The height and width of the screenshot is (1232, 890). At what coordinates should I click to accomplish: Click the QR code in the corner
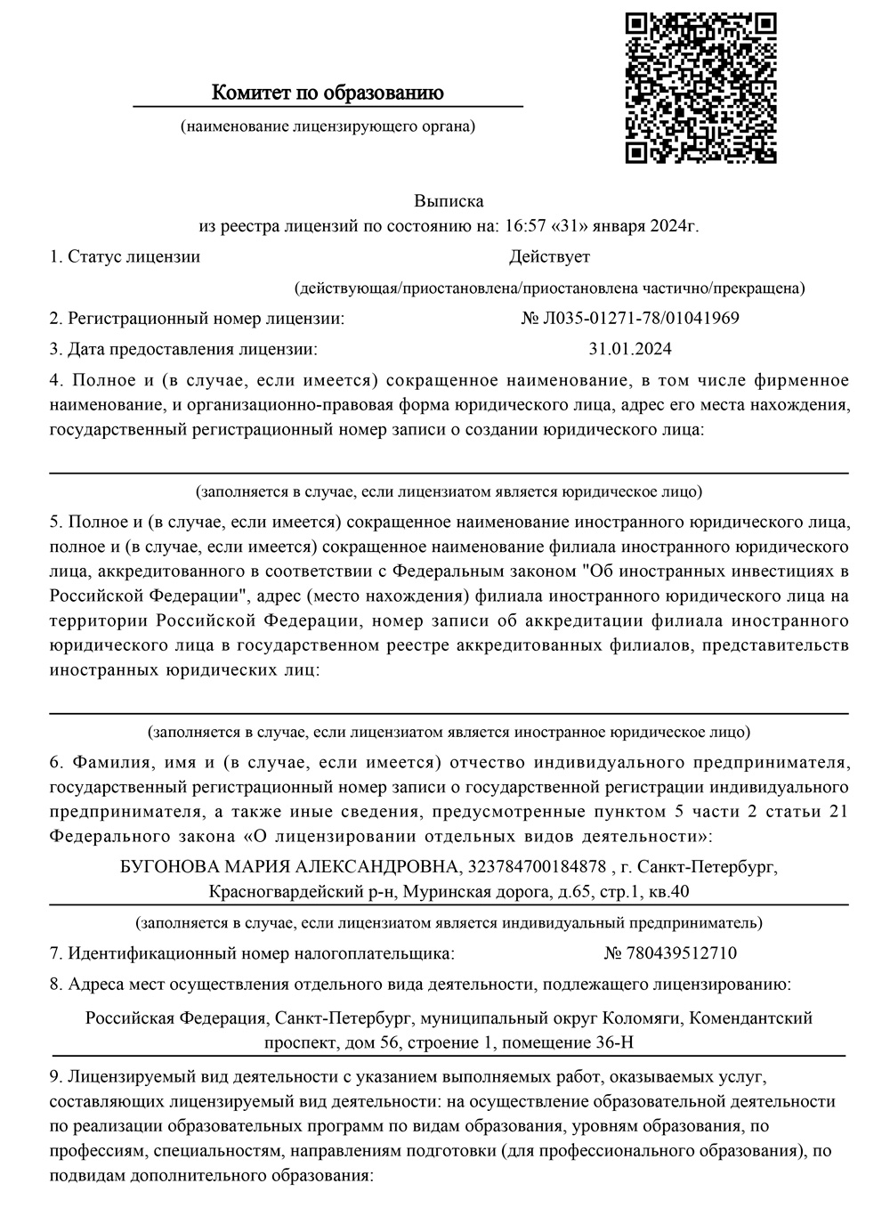coord(700,87)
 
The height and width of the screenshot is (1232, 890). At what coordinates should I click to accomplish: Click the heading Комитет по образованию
coord(328,93)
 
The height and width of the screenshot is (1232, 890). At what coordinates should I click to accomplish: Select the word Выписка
coord(449,201)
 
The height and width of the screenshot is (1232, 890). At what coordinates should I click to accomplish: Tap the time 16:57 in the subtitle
coord(523,226)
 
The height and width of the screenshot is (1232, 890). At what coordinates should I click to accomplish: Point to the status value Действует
coord(549,257)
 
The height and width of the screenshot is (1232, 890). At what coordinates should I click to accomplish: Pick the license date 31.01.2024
coord(630,348)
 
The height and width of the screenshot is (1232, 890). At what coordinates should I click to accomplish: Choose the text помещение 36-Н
coord(578,1042)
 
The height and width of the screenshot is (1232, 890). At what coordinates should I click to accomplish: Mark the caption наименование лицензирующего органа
coord(328,126)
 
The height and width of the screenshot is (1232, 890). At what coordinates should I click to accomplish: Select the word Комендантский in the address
coord(751,1017)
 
